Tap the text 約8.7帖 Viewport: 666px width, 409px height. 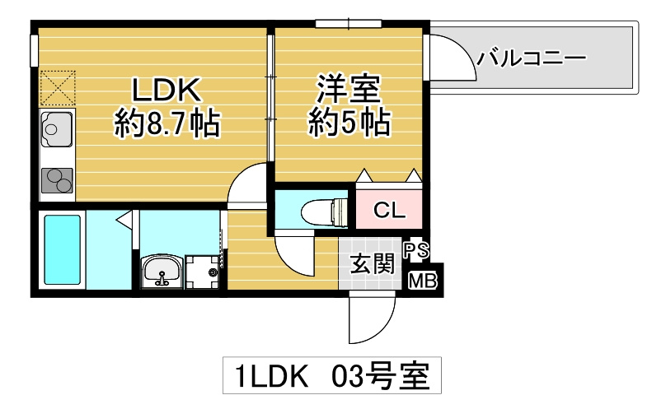[166, 124]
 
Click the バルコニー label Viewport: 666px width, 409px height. [531, 58]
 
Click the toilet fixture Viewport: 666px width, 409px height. [323, 211]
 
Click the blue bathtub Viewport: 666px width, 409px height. [62, 249]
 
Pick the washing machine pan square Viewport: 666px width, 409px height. [204, 270]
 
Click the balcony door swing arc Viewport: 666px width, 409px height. [451, 58]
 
